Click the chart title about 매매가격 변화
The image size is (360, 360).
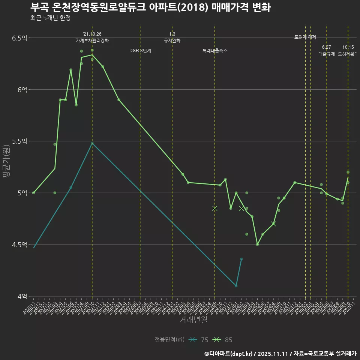(x=150, y=7)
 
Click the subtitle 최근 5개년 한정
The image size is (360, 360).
(x=50, y=18)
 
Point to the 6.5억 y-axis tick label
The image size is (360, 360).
(x=19, y=38)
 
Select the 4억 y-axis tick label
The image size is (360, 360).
(x=22, y=296)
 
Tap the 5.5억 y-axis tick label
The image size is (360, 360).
(x=19, y=141)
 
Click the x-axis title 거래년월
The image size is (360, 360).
(x=193, y=320)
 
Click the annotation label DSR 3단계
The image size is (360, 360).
(x=140, y=51)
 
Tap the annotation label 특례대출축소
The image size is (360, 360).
(x=215, y=51)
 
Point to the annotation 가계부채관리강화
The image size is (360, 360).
(x=92, y=40)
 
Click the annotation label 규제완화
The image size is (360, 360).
(x=172, y=40)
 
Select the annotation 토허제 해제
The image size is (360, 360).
(x=305, y=37)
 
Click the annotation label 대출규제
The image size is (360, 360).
(x=326, y=54)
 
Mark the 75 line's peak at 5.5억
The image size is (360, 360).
(x=92, y=143)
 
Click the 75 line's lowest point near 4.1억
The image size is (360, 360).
(x=236, y=286)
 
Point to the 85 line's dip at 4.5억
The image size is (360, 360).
(x=257, y=244)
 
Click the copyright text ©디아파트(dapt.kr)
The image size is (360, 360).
(x=229, y=354)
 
